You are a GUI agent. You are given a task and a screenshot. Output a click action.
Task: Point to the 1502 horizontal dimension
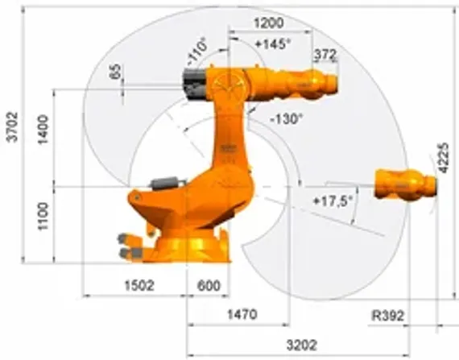(x=139, y=284)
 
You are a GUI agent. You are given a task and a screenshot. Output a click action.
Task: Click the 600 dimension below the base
(x=208, y=284)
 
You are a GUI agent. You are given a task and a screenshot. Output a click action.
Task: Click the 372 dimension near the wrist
(x=324, y=55)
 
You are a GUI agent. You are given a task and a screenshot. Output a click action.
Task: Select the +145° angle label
(x=271, y=44)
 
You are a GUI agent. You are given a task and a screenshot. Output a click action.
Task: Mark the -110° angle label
(x=196, y=51)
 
